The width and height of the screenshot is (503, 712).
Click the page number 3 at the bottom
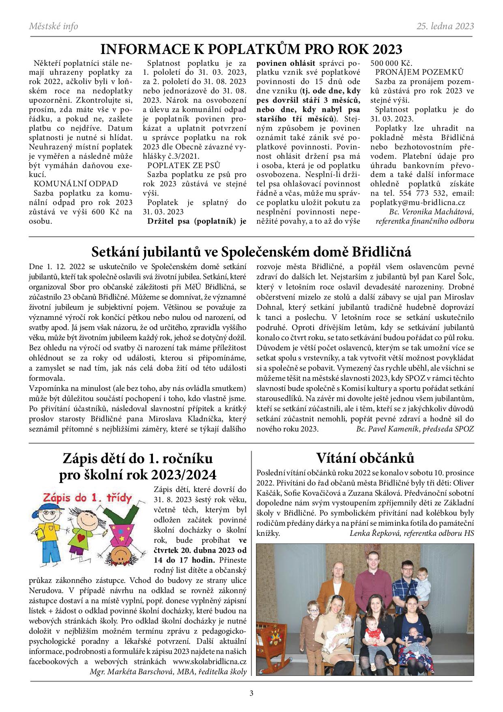click(x=251, y=693)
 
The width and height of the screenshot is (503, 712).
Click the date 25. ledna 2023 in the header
click(x=445, y=26)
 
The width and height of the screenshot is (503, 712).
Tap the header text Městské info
click(x=54, y=26)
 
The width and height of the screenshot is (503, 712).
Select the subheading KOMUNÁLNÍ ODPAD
click(x=76, y=183)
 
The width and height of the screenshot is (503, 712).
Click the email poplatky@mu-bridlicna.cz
click(x=418, y=202)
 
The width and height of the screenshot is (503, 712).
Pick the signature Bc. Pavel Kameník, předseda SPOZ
click(x=415, y=429)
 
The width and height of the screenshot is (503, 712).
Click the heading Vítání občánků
click(x=365, y=457)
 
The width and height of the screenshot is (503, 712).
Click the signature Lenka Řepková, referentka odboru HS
click(x=411, y=533)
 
